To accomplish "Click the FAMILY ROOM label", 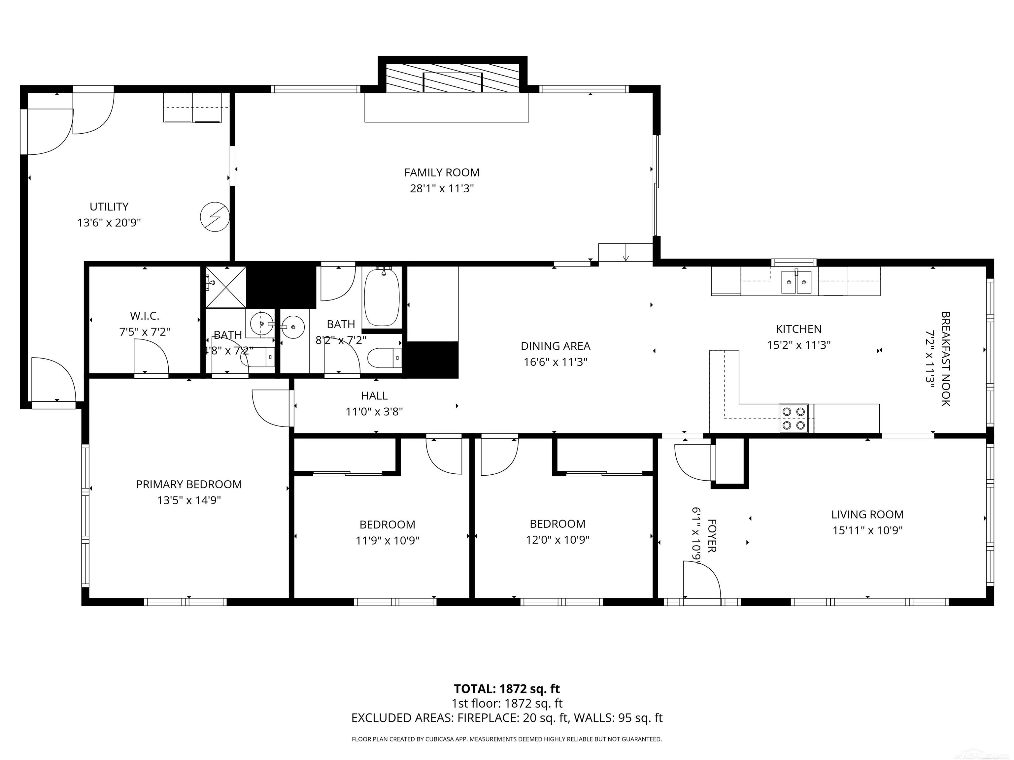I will (x=441, y=173).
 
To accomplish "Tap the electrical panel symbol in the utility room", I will (x=215, y=217).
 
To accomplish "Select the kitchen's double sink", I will (x=796, y=282).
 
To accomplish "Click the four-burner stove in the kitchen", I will (x=794, y=418).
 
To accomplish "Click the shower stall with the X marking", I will (x=225, y=287).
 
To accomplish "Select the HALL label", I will (x=374, y=396).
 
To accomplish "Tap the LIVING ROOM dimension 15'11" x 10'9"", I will (x=867, y=530).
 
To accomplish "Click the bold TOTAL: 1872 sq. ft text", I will (x=507, y=688).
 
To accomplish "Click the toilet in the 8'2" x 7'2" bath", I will (x=384, y=358).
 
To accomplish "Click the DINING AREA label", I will (x=555, y=346).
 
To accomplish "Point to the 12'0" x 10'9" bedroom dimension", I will (x=558, y=540).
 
